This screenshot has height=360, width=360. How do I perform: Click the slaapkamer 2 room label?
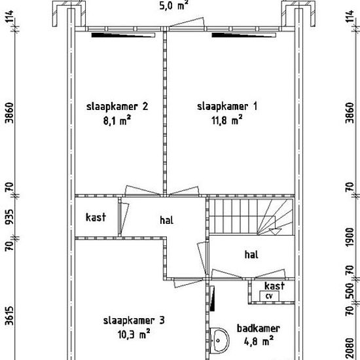point(117,107)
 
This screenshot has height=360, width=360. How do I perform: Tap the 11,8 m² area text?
point(226,120)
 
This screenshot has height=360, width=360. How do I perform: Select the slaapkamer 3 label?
point(134,321)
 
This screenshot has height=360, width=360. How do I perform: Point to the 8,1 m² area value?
point(117,120)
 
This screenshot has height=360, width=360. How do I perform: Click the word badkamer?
point(259,329)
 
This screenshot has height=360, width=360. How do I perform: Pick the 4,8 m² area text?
point(259,341)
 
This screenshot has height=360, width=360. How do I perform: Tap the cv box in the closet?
point(269,296)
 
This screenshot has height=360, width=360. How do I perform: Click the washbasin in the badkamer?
point(220,340)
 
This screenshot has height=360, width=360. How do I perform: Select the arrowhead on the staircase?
point(275,232)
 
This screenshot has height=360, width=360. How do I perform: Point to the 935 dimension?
point(9,217)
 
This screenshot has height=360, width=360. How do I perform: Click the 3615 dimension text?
point(9,315)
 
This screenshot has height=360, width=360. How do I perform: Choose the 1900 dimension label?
point(350,238)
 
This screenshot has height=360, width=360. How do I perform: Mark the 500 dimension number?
point(350,291)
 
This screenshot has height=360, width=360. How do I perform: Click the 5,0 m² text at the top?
point(174,5)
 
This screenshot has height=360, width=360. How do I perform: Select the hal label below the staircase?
point(251,255)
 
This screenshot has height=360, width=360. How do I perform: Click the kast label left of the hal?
point(96,217)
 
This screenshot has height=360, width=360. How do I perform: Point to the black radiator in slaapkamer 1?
point(243,35)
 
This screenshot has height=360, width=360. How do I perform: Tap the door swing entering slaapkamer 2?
point(141,190)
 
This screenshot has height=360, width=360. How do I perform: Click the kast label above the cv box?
point(275,286)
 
